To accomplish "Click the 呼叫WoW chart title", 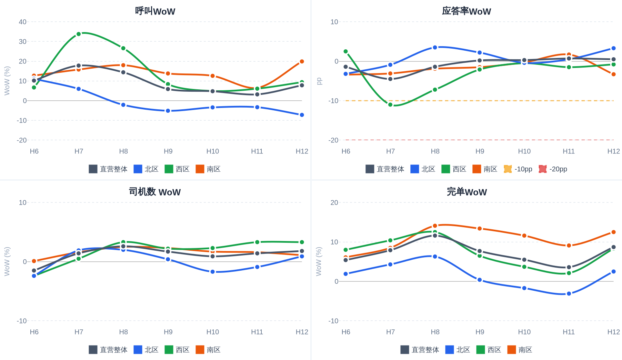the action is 155,11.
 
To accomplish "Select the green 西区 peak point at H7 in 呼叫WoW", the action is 79,34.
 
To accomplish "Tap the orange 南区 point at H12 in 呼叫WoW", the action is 302,61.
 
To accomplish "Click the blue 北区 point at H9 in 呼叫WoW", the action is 168,111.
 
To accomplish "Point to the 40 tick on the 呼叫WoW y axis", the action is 22,22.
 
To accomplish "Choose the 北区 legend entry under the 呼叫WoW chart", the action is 146,169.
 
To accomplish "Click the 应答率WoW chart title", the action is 466,11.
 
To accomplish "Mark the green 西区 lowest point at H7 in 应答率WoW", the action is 390,104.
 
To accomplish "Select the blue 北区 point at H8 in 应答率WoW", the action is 435,47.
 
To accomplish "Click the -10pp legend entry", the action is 518,169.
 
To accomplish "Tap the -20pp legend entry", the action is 553,169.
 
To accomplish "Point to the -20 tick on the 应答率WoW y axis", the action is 333,140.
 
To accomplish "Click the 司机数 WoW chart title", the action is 155,192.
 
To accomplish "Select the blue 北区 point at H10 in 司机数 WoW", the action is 212,272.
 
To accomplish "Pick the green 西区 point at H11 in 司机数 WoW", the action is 257,242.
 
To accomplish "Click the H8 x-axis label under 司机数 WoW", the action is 123,332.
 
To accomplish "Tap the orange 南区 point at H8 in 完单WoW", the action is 435,226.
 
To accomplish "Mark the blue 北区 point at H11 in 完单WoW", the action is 569,293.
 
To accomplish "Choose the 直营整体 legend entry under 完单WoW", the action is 420,350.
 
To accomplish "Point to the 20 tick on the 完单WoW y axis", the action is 334,202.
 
